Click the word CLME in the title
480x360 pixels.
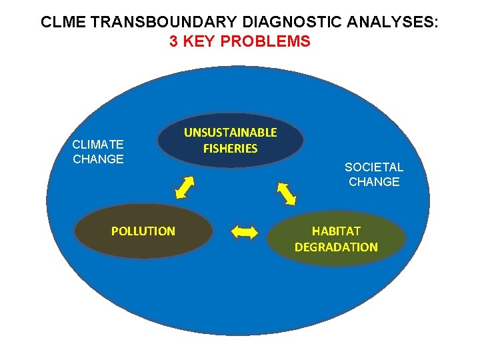point(60,22)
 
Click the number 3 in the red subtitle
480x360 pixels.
point(173,42)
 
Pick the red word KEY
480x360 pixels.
point(198,42)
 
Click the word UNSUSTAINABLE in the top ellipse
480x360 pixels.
point(230,133)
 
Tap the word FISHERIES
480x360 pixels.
point(230,149)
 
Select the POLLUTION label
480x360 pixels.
point(143,231)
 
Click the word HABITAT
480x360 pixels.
point(336,231)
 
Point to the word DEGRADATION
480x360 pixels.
point(336,247)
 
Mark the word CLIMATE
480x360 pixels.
point(98,144)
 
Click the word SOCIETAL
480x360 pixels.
point(373,167)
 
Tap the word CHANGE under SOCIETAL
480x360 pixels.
point(373,182)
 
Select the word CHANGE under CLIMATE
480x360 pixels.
point(98,159)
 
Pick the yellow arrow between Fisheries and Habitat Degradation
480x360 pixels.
point(286,192)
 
